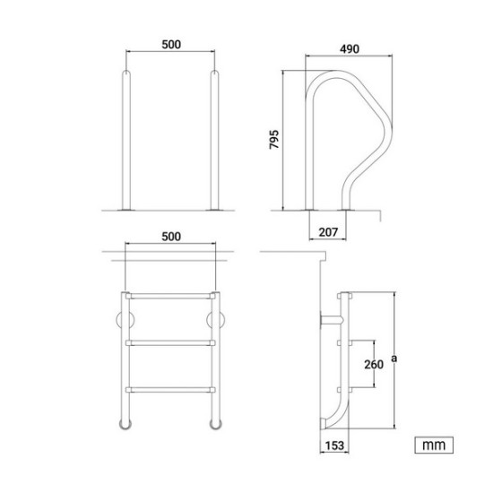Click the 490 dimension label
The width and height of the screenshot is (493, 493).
click(350, 49)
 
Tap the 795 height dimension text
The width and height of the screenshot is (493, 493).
click(274, 139)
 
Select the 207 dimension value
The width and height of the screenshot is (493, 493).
click(328, 232)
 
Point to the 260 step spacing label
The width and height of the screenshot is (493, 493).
click(374, 365)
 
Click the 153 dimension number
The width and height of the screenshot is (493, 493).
click(334, 445)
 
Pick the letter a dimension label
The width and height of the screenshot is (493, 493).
click(394, 359)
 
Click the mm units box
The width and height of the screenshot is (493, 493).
click(434, 445)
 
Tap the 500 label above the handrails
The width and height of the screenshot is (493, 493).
click(171, 45)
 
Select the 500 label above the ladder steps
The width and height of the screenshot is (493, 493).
click(171, 237)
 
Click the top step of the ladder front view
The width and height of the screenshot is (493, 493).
click(170, 296)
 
